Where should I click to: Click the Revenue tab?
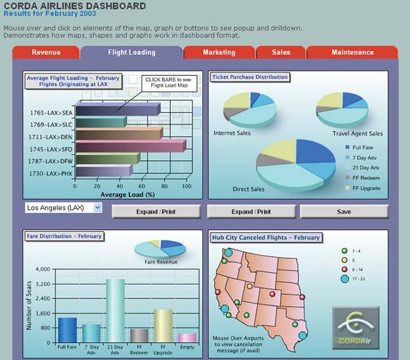(46, 53)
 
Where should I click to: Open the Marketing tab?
(219, 53)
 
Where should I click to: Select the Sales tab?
(281, 53)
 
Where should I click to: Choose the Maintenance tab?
(352, 53)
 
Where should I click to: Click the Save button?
(344, 212)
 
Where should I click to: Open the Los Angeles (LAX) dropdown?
(64, 208)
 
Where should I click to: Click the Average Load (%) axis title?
(127, 194)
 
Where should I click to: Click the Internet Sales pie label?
(232, 133)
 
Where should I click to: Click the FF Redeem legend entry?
(367, 178)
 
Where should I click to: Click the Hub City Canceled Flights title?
(265, 237)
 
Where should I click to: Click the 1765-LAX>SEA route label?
(51, 112)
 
